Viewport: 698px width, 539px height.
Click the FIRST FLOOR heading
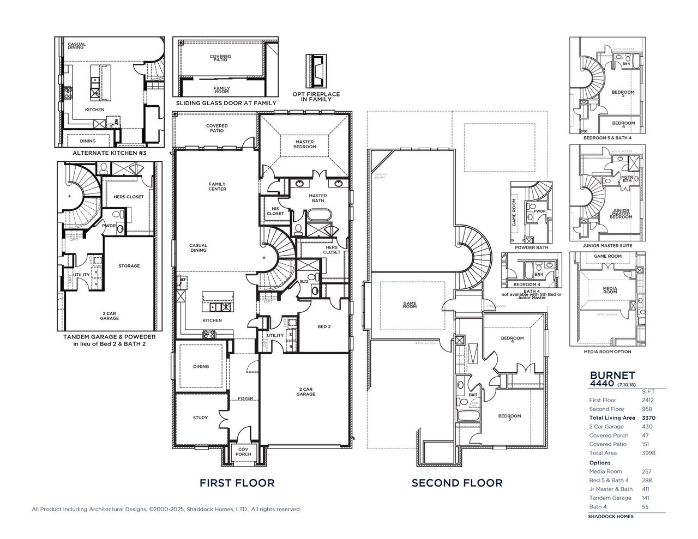[x=237, y=482]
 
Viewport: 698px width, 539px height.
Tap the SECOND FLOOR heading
[x=457, y=482]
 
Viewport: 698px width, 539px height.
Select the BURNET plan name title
[x=613, y=375]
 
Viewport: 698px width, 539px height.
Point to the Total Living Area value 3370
[x=648, y=417]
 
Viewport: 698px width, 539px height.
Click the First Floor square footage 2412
[x=647, y=400]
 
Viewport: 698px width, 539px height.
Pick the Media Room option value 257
[x=647, y=471]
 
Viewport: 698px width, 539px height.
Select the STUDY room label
[x=200, y=417]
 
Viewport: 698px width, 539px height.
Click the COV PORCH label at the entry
[x=243, y=452]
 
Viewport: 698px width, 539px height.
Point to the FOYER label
[x=245, y=398]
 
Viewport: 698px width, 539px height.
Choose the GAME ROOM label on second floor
[x=410, y=305]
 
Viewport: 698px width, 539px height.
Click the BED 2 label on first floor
[x=323, y=326]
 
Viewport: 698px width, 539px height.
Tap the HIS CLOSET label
[x=275, y=211]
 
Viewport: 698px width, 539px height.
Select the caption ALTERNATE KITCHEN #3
[x=109, y=154]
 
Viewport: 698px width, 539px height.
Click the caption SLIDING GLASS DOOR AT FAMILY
[x=226, y=103]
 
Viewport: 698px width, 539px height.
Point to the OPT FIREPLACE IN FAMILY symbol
[x=316, y=71]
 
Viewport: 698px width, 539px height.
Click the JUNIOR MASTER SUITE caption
[x=607, y=245]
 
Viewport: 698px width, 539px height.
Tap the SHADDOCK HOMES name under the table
[x=611, y=516]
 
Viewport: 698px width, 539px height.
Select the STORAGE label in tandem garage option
[x=129, y=266]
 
